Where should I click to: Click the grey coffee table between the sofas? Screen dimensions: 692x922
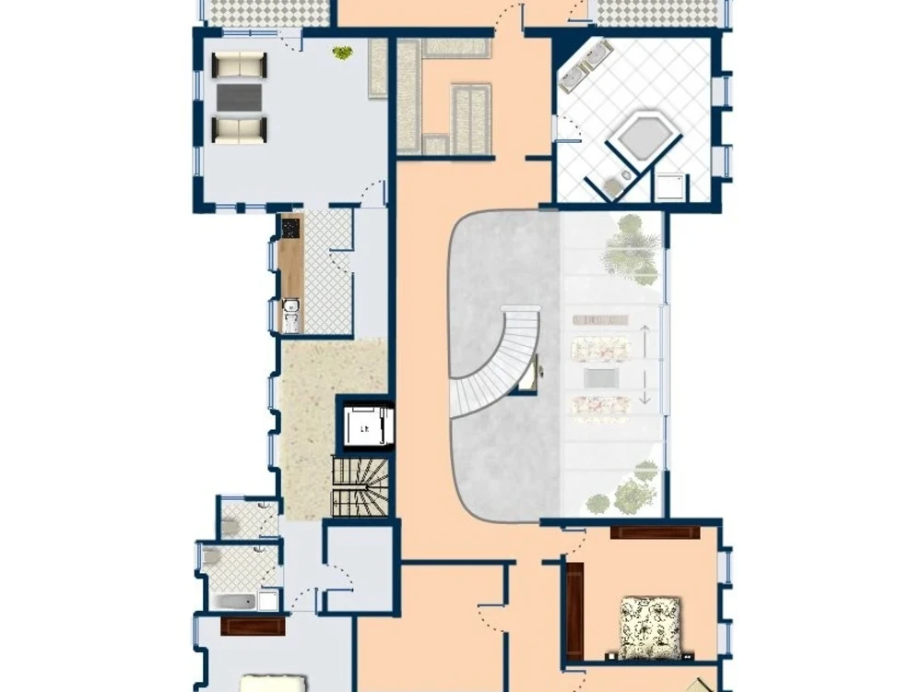click(x=239, y=97)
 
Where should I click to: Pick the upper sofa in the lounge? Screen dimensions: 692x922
click(x=239, y=65)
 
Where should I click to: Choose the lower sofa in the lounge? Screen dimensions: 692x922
click(x=239, y=129)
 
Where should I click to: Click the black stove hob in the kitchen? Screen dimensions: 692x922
click(x=290, y=227)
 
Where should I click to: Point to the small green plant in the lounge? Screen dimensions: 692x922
click(x=342, y=54)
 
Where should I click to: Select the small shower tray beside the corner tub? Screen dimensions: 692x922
click(x=670, y=187)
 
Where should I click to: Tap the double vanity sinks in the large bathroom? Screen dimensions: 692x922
click(x=584, y=67)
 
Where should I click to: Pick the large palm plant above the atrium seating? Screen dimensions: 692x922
click(x=632, y=249)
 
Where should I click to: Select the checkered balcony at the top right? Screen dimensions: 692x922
click(x=659, y=12)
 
